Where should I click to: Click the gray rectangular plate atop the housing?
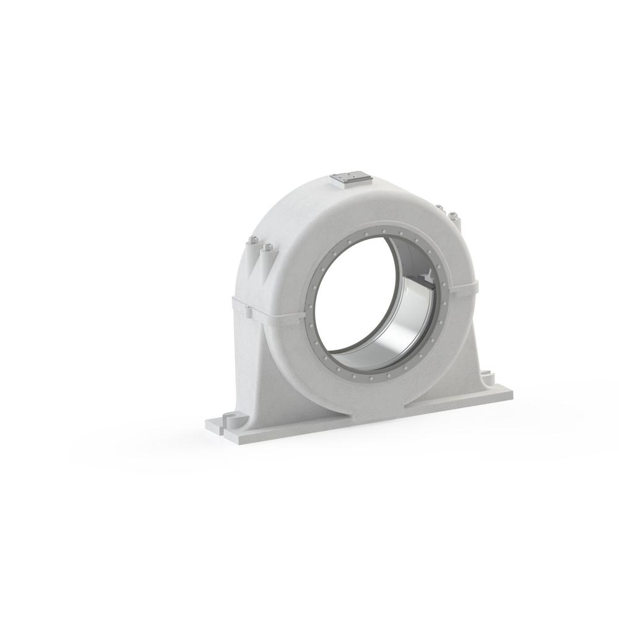(x=350, y=178)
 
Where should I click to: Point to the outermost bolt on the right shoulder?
(x=453, y=216)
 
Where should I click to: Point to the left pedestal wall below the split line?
(x=254, y=365)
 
